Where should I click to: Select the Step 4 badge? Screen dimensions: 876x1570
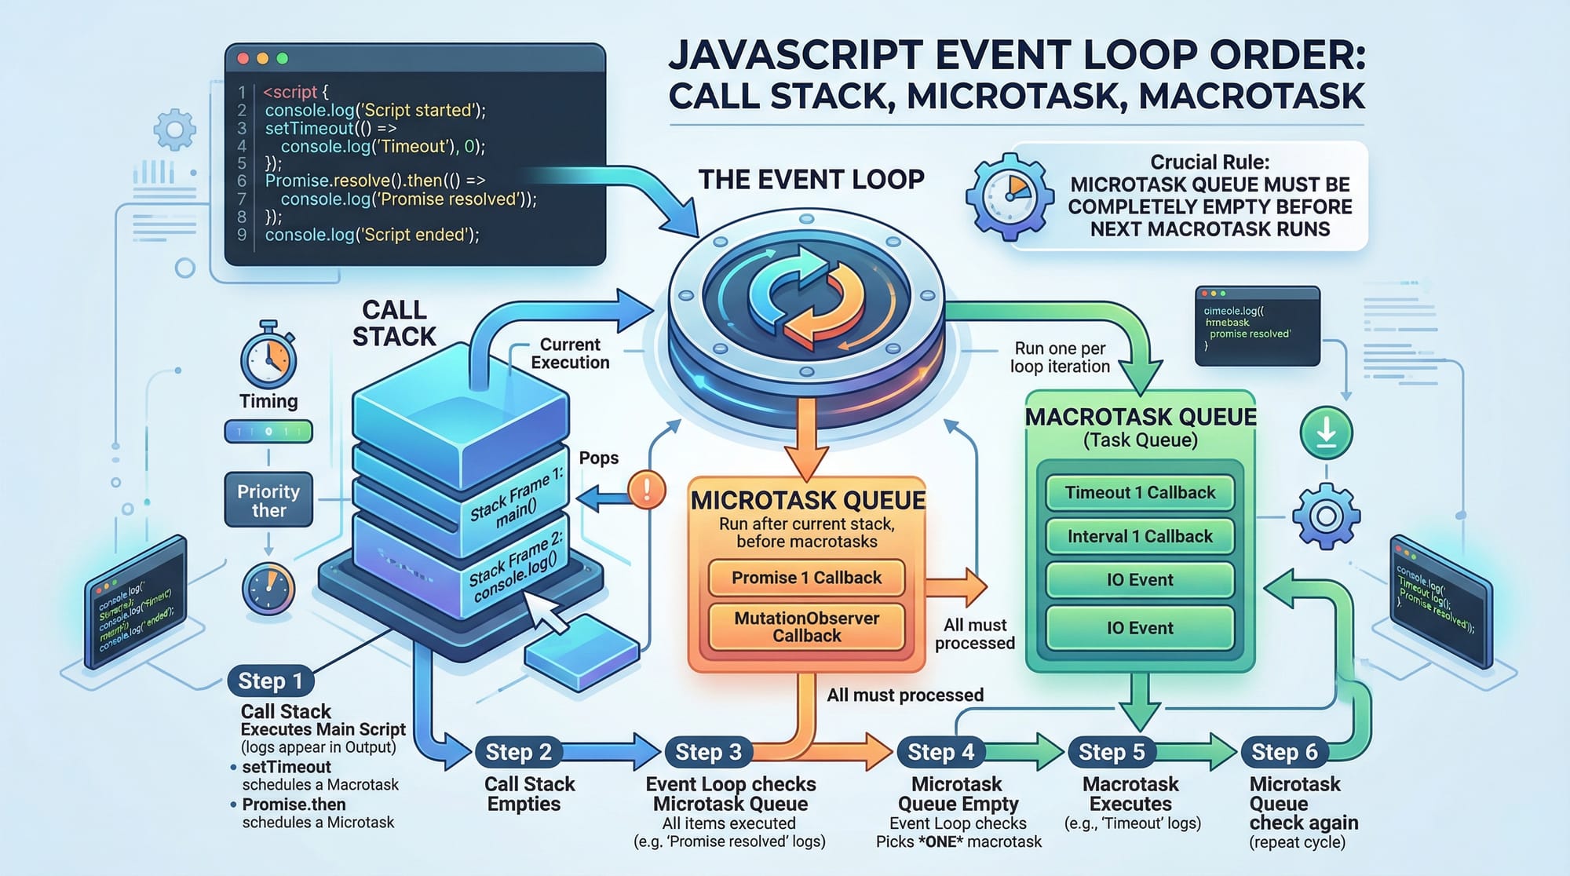coord(940,752)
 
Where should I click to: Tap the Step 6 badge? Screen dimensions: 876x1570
coord(1283,752)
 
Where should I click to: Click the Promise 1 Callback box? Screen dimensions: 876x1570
coord(806,578)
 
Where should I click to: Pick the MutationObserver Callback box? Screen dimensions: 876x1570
coord(806,626)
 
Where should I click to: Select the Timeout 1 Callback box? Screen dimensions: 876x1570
coord(1139,493)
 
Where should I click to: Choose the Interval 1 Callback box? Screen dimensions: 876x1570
coord(1139,537)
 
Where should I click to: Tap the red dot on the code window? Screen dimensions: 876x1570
coord(243,59)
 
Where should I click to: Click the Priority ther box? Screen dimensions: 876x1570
coord(268,500)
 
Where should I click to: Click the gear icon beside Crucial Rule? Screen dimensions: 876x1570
coord(1009,196)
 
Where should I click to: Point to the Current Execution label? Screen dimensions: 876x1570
coord(570,353)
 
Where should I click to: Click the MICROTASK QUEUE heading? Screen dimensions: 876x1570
coord(807,500)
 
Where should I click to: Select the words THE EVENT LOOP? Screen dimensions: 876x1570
coord(811,180)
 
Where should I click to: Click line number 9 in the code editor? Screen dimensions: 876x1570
coord(242,235)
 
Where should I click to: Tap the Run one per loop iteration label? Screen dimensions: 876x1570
coord(1060,357)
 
